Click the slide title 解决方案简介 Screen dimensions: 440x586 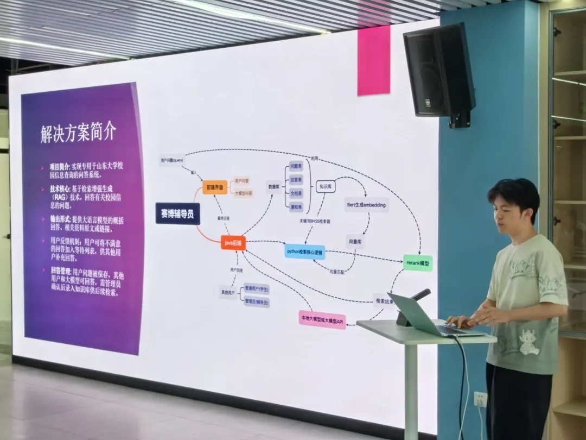pos(78,133)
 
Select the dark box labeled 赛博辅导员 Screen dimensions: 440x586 pos(177,213)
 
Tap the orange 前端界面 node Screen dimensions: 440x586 pos(214,187)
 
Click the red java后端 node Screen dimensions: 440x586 pos(233,243)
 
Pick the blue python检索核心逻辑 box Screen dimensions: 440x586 pos(304,252)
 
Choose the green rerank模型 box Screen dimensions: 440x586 pos(418,263)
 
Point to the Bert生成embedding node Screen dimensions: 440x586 pos(366,205)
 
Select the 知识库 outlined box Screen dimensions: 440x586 pos(326,186)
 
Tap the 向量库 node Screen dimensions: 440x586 pos(354,241)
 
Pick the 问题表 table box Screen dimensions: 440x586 pos(296,165)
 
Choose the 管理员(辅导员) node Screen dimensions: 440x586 pos(257,302)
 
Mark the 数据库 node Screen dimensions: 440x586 pos(274,186)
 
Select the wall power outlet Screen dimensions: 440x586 pos(480,399)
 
